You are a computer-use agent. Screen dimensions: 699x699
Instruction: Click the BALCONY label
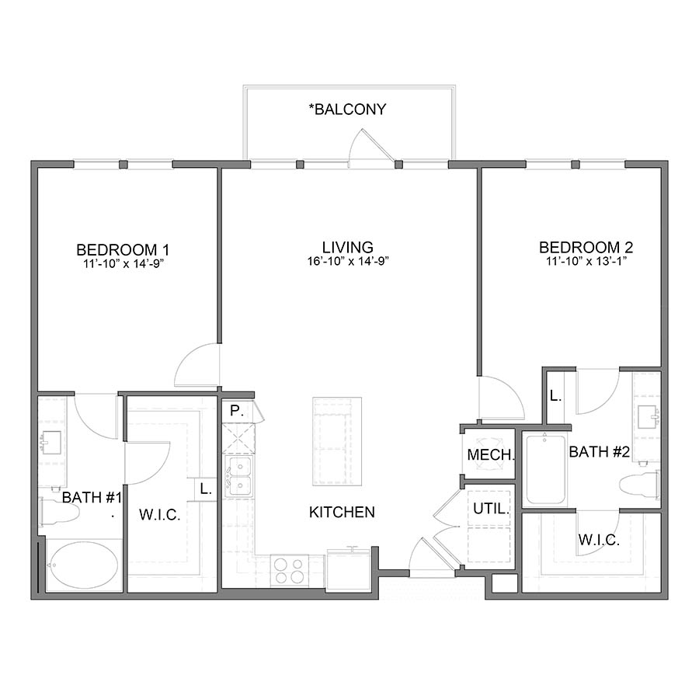[347, 110]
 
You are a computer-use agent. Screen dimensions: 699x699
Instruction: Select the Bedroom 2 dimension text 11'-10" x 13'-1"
[586, 262]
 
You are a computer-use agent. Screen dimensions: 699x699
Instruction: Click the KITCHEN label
[342, 512]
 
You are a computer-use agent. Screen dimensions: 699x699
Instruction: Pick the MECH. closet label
[490, 455]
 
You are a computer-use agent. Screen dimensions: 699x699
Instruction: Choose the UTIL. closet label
[491, 510]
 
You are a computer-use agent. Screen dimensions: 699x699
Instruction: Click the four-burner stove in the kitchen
[289, 571]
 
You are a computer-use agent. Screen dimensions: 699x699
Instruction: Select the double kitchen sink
[238, 476]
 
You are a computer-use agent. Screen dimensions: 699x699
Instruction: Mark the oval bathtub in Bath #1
[83, 565]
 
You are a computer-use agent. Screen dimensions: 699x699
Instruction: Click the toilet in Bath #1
[59, 513]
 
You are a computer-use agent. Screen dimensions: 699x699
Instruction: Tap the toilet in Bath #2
[640, 484]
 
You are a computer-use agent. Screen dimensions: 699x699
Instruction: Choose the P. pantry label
[236, 409]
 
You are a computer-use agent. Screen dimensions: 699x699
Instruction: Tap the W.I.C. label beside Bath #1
[159, 515]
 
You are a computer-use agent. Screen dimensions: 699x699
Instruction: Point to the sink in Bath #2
[647, 418]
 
